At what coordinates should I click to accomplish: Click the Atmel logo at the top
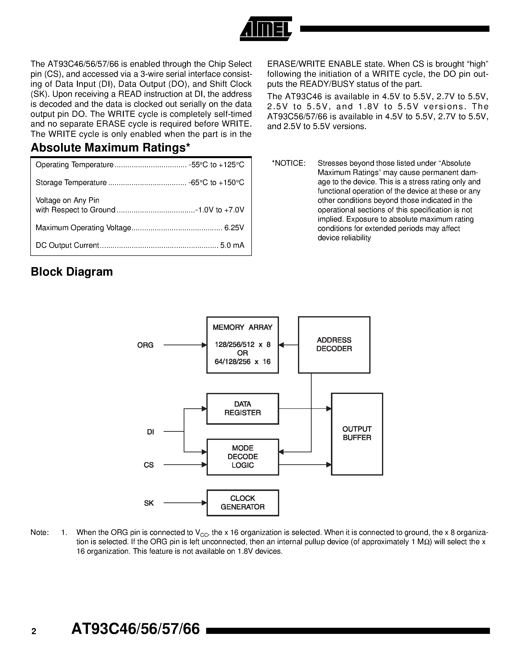point(266,29)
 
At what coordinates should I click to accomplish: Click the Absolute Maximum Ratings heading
point(110,148)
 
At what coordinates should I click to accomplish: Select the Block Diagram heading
point(72,272)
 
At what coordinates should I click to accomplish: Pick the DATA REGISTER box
point(242,408)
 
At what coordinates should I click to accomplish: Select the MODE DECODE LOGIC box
point(242,457)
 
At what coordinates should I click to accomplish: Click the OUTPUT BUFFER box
point(357,434)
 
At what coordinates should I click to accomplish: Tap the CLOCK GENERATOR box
point(242,502)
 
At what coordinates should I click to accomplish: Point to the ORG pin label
point(145,345)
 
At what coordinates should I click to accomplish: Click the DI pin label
point(150,432)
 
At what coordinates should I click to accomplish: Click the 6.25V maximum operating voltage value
point(234,228)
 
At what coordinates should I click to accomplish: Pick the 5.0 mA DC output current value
point(232,245)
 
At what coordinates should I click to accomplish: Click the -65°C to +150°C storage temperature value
point(216,183)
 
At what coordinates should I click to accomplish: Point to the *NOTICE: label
point(288,163)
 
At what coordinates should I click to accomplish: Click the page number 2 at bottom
point(34,631)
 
